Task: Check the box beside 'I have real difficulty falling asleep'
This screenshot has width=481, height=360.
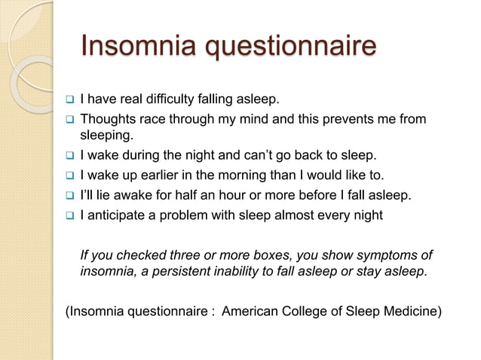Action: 68,100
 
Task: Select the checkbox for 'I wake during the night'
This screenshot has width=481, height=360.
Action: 68,157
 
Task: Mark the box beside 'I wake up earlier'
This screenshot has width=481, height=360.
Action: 68,177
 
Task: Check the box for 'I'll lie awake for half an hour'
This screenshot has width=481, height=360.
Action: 68,197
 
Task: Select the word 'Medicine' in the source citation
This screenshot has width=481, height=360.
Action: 409,309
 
